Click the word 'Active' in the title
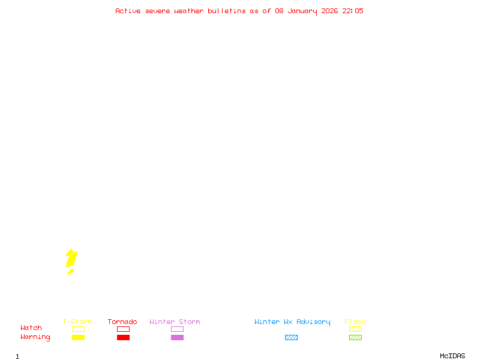pos(128,11)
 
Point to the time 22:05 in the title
pos(353,11)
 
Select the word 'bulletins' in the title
pos(227,11)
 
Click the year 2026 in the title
pos(329,11)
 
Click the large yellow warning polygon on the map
pos(71,259)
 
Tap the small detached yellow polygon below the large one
pos(71,272)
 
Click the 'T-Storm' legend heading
pos(77,322)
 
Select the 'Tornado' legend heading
pos(122,322)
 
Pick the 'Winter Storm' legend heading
pos(175,322)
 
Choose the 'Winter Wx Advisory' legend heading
pos(292,322)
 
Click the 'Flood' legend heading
pos(355,322)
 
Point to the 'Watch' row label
pos(31,328)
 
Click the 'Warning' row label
pos(35,337)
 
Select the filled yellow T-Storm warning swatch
pos(78,338)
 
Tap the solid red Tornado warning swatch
pos(123,338)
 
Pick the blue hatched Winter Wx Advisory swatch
pos(291,338)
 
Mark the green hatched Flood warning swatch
pos(355,338)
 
